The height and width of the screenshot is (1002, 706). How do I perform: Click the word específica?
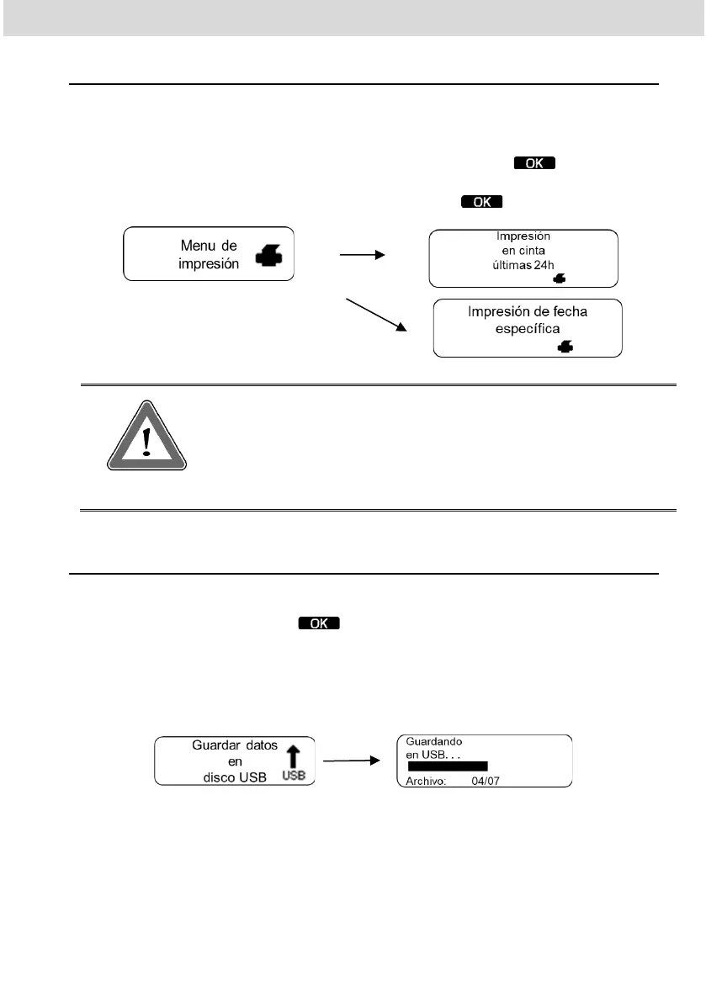point(528,327)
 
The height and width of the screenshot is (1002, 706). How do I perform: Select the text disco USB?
point(235,777)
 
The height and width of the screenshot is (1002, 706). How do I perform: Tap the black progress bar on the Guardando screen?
point(447,766)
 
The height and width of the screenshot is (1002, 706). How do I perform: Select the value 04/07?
point(486,780)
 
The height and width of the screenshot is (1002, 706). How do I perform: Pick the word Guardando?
point(435,741)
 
